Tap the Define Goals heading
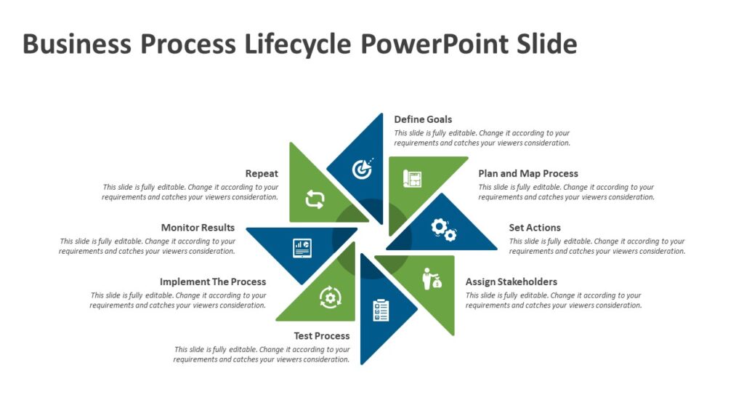423,119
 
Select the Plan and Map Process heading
528,173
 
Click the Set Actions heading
535,228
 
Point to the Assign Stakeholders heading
511,282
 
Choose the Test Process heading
322,336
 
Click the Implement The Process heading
213,282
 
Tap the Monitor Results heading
198,228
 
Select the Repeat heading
262,173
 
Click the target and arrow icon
363,168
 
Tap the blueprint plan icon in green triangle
412,179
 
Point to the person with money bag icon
432,279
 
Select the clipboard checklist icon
381,311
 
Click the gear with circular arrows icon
331,297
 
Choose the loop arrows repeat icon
315,199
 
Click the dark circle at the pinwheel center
372,238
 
